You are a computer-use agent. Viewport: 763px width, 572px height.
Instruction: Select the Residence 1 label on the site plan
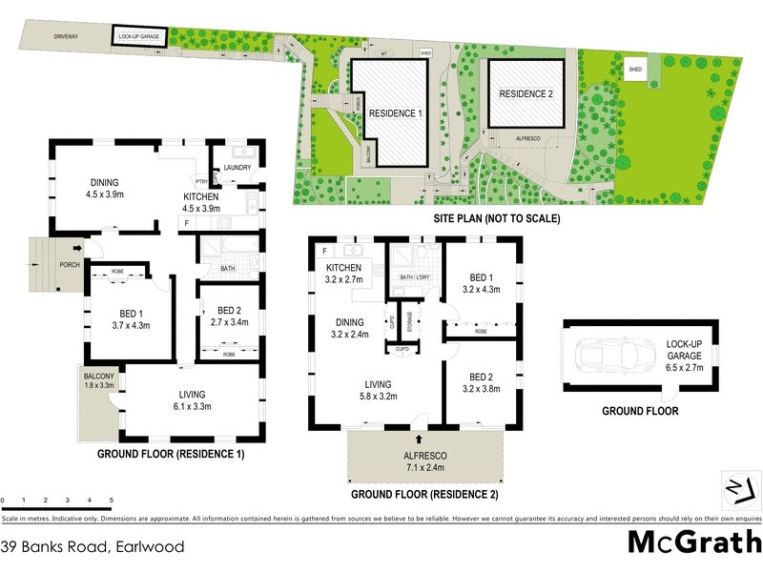395,112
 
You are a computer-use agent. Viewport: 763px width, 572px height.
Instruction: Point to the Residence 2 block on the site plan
526,93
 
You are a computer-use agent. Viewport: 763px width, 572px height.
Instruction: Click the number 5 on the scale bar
111,500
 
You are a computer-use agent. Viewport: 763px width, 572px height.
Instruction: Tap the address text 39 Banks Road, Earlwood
93,546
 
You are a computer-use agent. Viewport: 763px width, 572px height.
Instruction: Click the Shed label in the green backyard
634,71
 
